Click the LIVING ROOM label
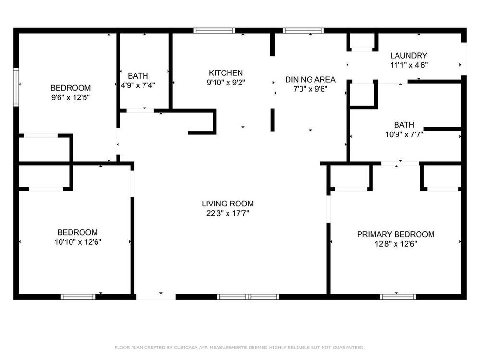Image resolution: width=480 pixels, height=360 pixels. click(228, 204)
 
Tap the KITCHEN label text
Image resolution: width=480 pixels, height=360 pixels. click(226, 73)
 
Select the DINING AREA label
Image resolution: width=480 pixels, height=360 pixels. click(310, 80)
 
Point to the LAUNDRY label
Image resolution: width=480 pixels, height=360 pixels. click(408, 55)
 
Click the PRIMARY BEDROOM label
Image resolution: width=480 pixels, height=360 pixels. click(396, 234)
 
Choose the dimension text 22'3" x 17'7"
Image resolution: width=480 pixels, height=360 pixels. click(228, 213)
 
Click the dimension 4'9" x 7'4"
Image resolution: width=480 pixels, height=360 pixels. click(138, 85)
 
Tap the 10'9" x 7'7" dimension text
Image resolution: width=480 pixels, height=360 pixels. click(404, 134)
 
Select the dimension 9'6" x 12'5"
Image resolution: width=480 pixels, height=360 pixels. click(71, 97)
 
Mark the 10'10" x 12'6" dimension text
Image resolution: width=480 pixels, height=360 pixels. click(78, 242)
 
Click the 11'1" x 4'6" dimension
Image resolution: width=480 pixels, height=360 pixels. click(408, 65)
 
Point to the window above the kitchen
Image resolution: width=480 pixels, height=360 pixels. click(214, 30)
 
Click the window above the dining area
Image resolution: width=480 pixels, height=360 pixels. click(303, 30)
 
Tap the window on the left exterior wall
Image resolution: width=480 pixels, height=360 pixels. click(16, 87)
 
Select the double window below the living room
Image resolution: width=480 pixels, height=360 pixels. click(248, 297)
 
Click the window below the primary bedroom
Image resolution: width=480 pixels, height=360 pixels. click(397, 297)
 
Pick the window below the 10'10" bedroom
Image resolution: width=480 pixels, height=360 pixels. click(78, 297)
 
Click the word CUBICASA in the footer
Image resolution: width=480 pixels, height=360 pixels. click(186, 348)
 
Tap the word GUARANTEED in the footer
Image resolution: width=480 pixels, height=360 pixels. click(348, 348)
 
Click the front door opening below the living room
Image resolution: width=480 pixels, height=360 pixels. click(156, 297)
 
